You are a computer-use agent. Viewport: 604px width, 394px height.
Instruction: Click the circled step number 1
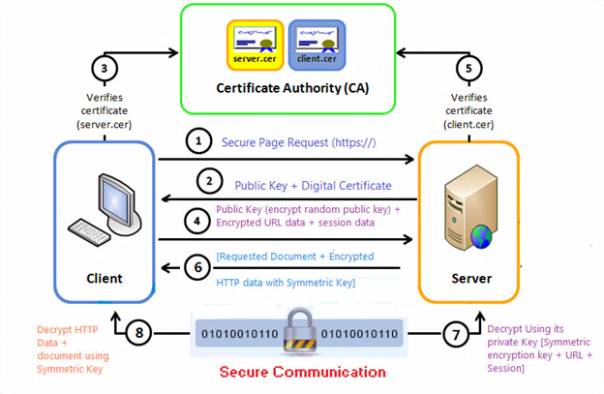(x=197, y=142)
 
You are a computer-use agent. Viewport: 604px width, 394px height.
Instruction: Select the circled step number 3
(x=104, y=69)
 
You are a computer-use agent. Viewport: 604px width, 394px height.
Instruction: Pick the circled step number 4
(x=197, y=220)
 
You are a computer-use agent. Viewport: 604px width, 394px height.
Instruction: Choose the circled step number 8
(x=142, y=334)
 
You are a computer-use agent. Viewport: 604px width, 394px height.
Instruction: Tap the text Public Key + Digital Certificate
(x=313, y=185)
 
